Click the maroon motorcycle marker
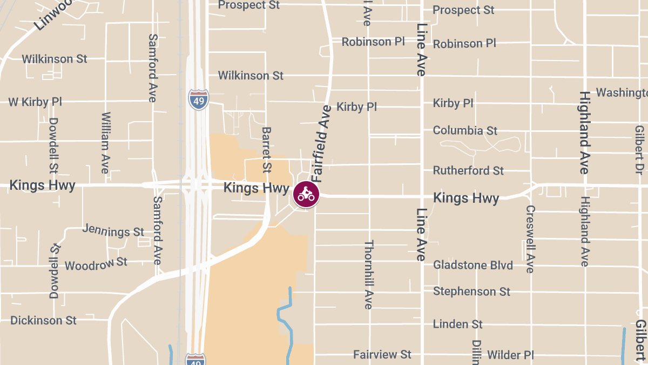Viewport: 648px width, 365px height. (306, 194)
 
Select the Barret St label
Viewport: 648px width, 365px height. (266, 149)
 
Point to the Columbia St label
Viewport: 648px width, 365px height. (465, 130)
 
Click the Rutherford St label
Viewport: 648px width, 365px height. (468, 170)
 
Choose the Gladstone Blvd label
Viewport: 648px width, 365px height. (473, 265)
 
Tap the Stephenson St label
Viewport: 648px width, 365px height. (471, 291)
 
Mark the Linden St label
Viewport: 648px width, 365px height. (458, 324)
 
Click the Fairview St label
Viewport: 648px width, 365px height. (382, 355)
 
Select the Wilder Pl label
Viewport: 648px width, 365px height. (510, 355)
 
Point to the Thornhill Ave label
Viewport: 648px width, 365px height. (368, 275)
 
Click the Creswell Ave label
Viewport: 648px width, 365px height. (530, 239)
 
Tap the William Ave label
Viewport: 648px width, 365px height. (105, 143)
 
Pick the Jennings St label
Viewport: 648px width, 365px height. (113, 230)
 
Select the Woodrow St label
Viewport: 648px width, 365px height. (96, 264)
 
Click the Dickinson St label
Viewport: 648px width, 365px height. (44, 320)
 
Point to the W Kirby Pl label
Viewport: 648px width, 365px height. (35, 102)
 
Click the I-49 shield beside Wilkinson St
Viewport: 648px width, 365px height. (199, 100)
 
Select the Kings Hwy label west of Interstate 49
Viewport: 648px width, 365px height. (42, 185)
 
